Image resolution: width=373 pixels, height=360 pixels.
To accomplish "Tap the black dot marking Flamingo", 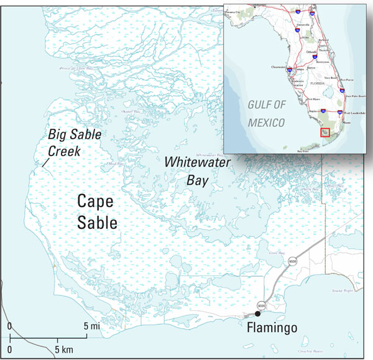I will tap(257, 314).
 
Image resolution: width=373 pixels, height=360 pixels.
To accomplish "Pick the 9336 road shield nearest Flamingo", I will tap(261, 305).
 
